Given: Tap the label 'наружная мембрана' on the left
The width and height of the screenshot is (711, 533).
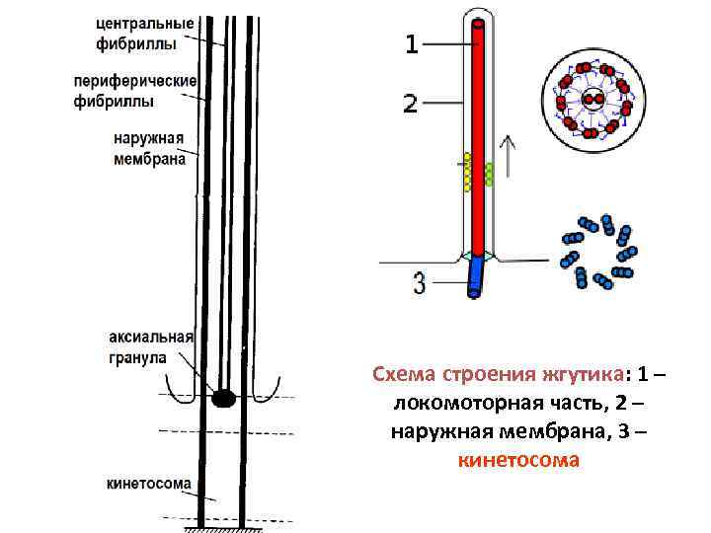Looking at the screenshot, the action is point(149,148).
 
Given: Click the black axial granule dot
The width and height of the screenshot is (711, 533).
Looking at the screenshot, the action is point(224,398).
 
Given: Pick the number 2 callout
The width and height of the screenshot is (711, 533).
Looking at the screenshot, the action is point(412,103).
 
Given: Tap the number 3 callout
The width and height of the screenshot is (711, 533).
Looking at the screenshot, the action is point(420,284).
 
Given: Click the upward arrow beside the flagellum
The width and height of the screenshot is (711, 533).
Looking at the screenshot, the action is point(509,158).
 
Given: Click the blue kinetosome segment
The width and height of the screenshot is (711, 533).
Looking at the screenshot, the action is point(477,276).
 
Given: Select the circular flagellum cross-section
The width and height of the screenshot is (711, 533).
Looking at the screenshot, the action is point(592,98).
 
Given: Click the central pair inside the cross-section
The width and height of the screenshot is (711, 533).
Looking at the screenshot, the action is point(592,99).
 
